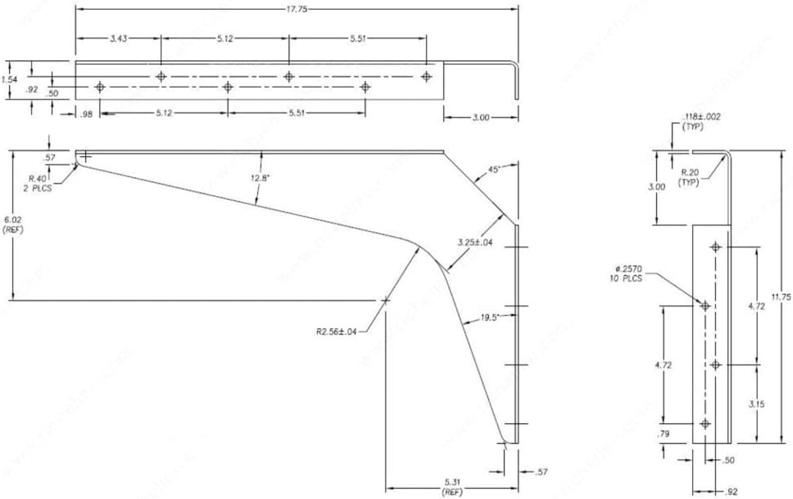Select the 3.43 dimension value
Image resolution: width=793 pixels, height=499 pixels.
pos(119,39)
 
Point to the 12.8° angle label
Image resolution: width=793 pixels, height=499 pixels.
pos(261,178)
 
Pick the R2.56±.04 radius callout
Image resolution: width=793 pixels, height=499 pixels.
pos(337,331)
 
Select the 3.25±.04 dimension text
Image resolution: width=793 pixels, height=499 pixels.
pos(475,242)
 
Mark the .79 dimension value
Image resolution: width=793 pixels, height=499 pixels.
pos(663,433)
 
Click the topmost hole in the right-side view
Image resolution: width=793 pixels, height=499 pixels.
pos(716,247)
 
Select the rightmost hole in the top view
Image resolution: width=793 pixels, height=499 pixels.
pos(427,76)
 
